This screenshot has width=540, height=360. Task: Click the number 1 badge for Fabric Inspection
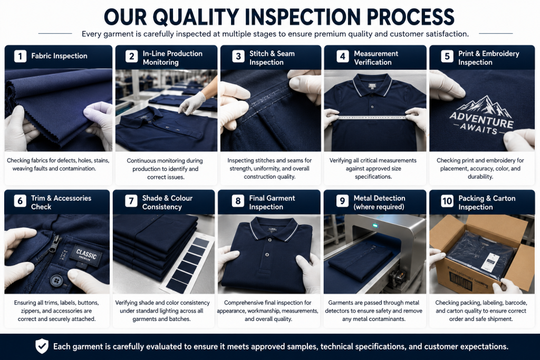coord(20,56)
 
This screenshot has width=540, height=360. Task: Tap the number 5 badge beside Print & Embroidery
coord(447,56)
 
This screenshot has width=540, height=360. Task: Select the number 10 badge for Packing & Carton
coord(447,201)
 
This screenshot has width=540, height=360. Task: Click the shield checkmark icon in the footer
coord(42,346)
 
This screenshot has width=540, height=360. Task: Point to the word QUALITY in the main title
coord(196,17)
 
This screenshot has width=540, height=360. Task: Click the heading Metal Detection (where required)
coord(379,202)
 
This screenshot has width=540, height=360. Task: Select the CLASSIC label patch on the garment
coord(85,255)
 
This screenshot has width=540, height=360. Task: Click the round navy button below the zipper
coord(56,280)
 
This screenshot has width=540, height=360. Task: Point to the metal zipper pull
coord(55,245)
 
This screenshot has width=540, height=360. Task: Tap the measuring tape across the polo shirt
coord(372,118)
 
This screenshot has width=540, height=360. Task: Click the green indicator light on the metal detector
coord(375,226)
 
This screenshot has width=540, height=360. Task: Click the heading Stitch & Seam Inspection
coord(272,58)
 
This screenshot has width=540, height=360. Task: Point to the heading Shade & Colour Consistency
coord(167,202)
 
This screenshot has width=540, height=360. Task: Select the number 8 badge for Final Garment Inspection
coord(238,201)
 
